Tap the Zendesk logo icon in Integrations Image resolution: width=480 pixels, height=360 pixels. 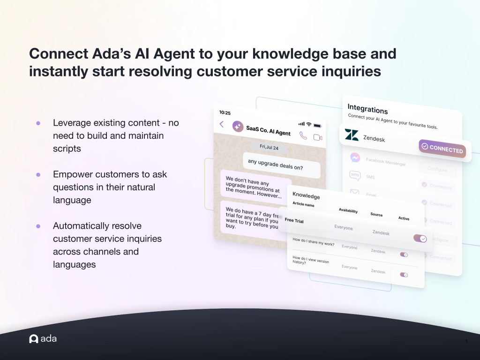coord(352,135)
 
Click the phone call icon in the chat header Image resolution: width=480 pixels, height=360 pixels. coord(303,135)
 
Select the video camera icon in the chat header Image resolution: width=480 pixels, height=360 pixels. coord(318,137)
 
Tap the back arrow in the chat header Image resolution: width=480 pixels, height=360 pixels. coord(222,124)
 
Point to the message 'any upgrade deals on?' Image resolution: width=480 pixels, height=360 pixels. coord(281,164)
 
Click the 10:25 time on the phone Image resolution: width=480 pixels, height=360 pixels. coord(225,112)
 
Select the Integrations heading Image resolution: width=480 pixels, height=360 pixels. coord(367,109)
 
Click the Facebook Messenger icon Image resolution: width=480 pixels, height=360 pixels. coord(355,158)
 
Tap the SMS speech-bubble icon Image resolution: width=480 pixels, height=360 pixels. coord(355,175)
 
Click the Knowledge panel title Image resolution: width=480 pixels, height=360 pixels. coord(306,195)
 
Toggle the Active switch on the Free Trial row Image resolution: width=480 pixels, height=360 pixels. coord(420,238)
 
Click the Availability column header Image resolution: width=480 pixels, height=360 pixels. coord(348,211)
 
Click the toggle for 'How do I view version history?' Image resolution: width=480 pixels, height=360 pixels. coord(404,274)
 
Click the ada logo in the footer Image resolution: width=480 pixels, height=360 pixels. coord(43,338)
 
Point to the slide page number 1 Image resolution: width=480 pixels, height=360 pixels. coord(466,341)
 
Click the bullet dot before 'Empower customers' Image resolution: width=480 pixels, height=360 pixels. coord(38,174)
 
